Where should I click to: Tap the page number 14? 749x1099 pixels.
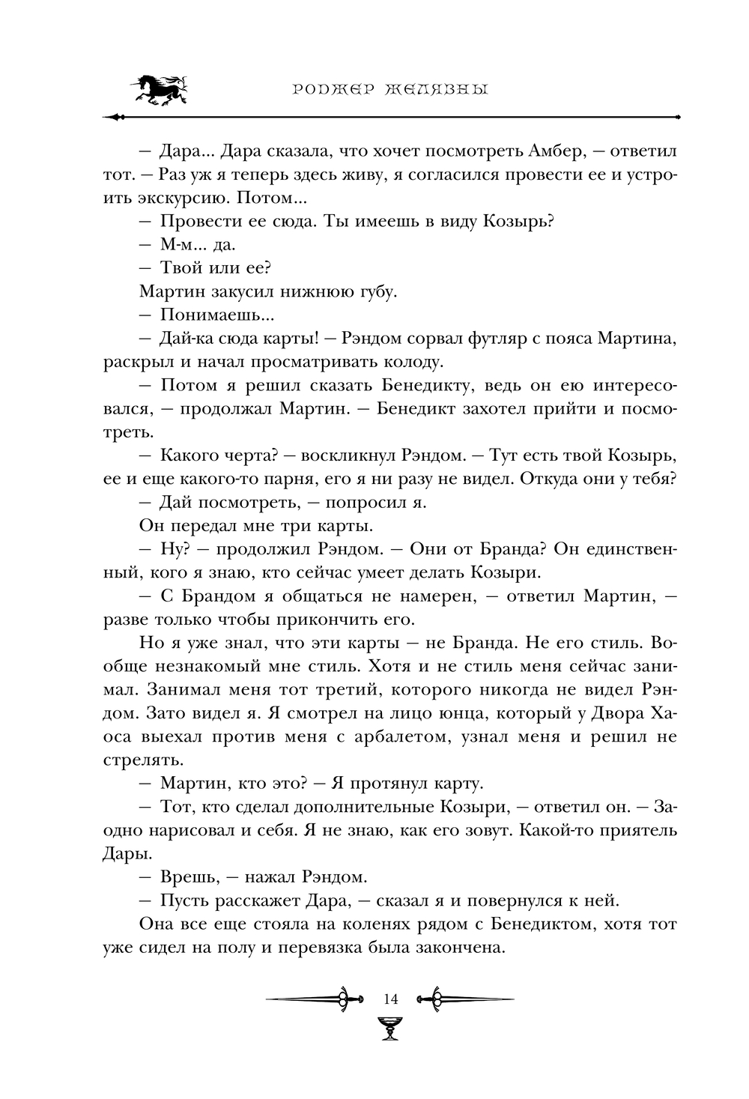coord(389,999)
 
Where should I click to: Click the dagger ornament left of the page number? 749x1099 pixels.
coord(309,999)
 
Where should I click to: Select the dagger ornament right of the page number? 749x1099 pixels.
coord(467,999)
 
